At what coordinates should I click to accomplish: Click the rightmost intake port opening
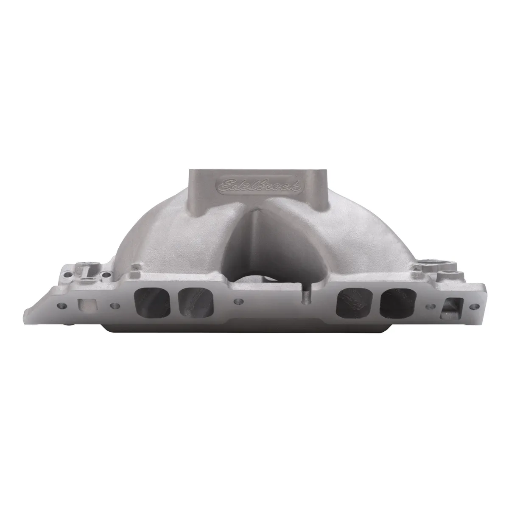[x=398, y=303]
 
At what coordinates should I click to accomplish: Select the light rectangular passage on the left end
[x=84, y=305]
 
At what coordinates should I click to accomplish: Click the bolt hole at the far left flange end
[x=62, y=305]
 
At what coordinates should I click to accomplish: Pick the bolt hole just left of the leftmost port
[x=113, y=306]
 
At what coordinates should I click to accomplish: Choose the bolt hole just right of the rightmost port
[x=431, y=306]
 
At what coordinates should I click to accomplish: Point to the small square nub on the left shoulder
[x=135, y=267]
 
